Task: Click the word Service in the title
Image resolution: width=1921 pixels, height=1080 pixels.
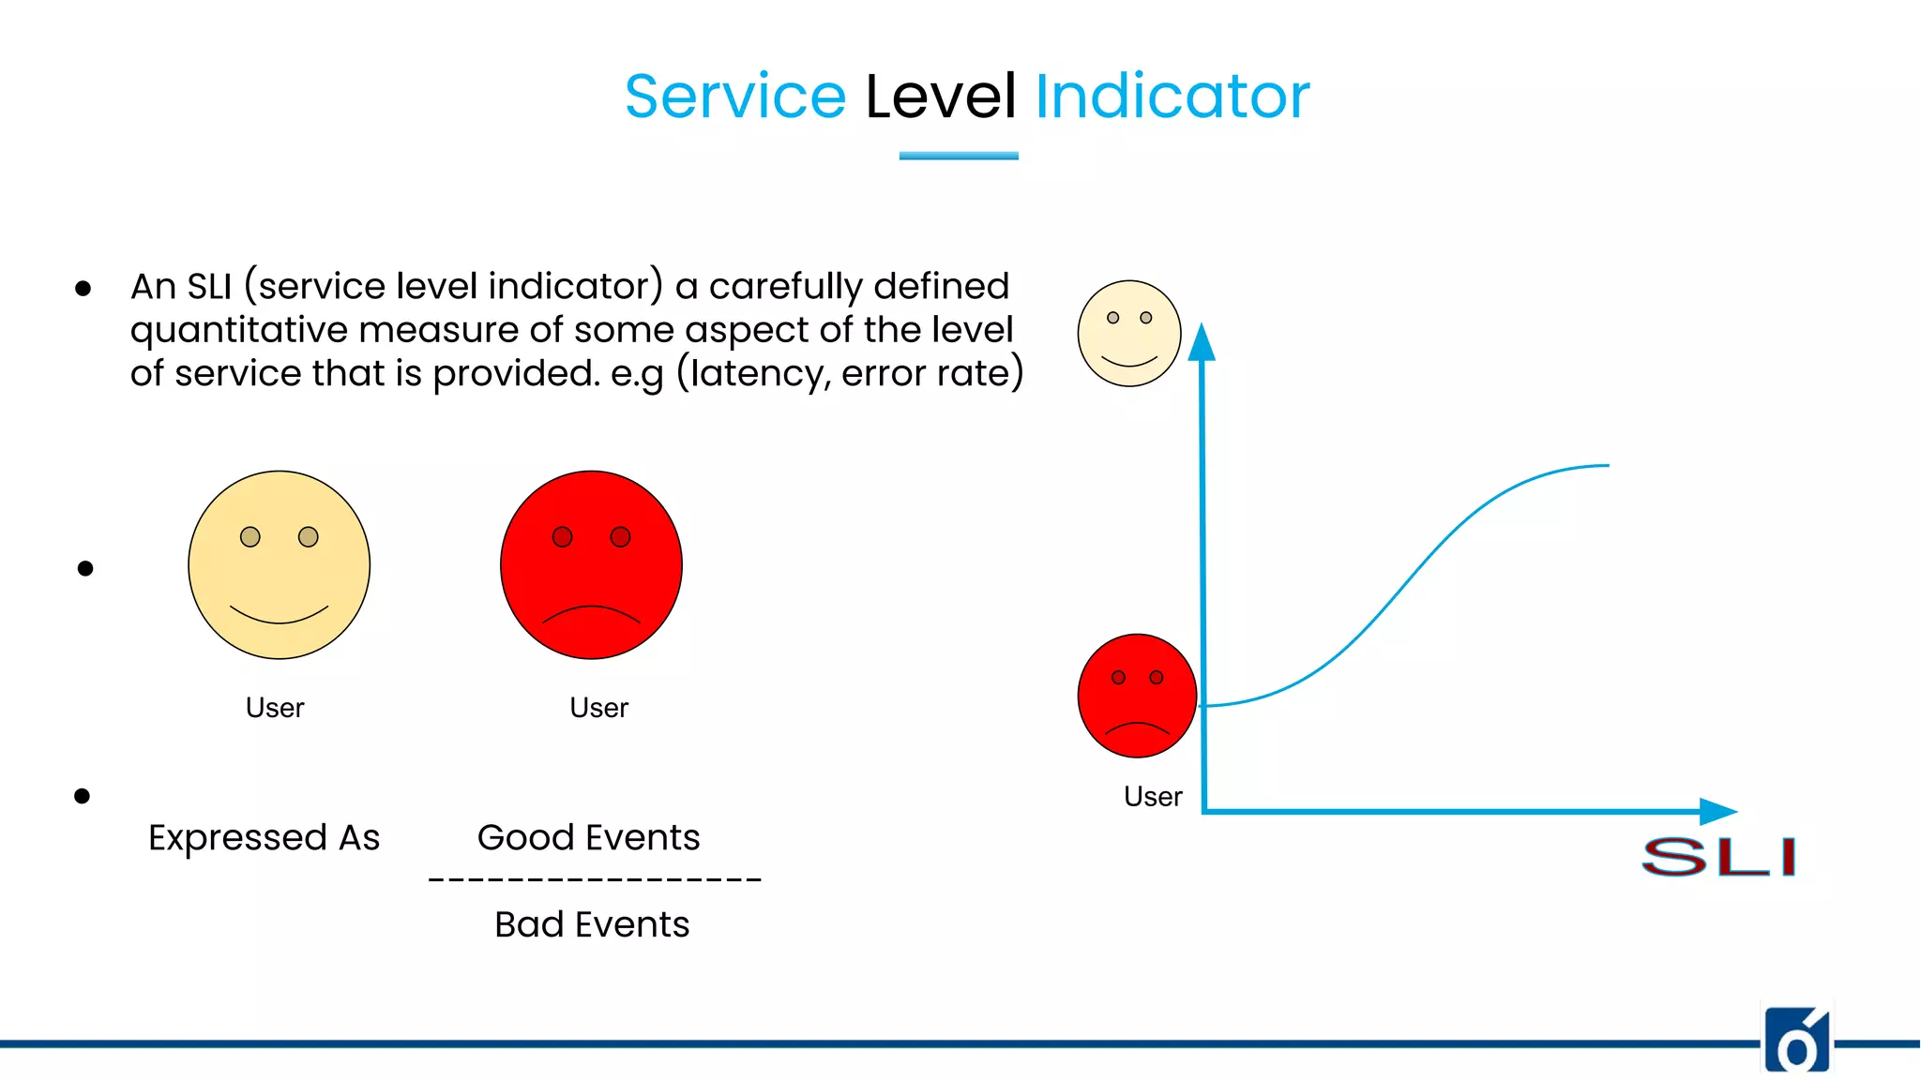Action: point(735,97)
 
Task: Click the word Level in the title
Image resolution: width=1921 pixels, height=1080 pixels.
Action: point(940,97)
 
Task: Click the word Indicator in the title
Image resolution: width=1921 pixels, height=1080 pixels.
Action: point(1172,97)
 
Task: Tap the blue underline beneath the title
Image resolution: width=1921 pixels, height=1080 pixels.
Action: point(959,156)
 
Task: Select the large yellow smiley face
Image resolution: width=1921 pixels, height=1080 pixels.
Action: point(280,564)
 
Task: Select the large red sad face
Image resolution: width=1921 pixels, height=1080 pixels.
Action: point(591,564)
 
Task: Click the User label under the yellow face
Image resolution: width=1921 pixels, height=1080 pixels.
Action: point(275,708)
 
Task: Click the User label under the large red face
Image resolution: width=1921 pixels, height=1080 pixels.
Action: point(598,708)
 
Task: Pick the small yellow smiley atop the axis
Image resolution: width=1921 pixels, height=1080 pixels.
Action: point(1129,334)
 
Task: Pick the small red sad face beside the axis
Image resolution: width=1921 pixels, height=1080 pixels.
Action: point(1137,696)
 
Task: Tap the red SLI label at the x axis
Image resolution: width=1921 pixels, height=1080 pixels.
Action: point(1718,857)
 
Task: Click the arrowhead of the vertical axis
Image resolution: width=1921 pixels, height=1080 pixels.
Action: point(1202,342)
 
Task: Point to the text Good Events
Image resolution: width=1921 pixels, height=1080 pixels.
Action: point(588,837)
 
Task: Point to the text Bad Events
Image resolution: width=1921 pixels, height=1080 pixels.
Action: point(592,924)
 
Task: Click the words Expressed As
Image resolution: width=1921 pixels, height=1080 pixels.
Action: point(264,837)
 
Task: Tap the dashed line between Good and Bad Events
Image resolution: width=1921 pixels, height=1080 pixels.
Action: point(595,879)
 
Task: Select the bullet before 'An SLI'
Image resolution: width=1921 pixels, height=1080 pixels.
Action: point(83,289)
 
